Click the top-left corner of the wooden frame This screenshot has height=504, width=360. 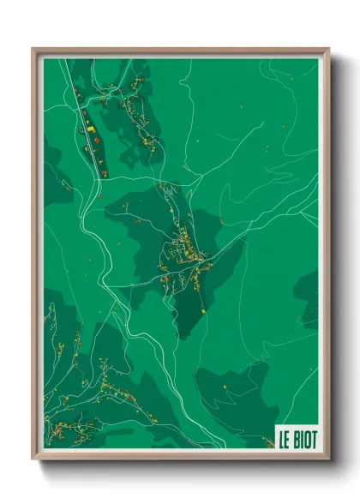[x=33, y=49]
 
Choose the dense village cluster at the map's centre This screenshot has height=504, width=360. [x=184, y=253]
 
